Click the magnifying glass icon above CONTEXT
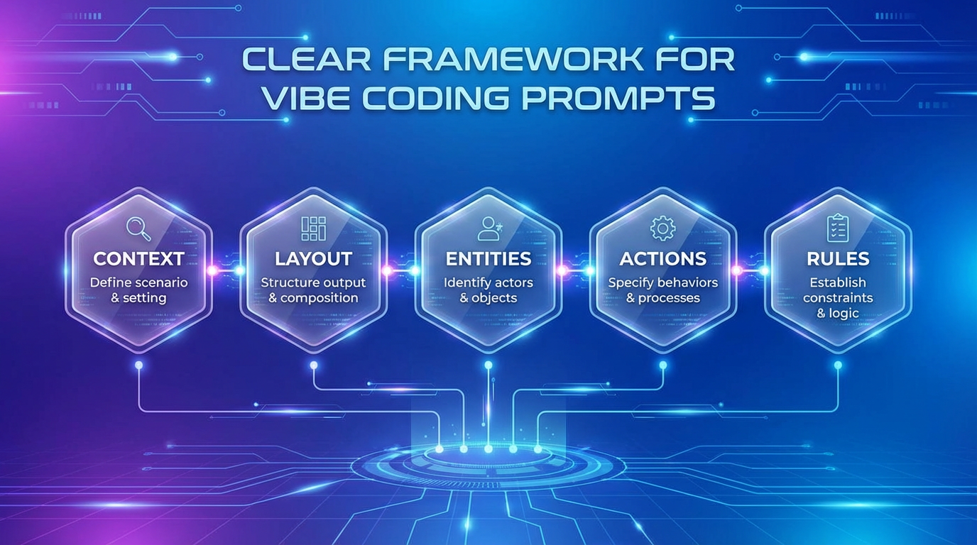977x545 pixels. point(138,229)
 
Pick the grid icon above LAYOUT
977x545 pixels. point(313,229)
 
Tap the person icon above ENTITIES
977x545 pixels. point(489,229)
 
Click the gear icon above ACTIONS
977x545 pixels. point(662,229)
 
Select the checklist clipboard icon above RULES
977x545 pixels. point(838,229)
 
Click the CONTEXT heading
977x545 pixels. point(138,259)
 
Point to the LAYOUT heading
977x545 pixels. point(313,259)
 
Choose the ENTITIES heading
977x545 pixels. point(488,259)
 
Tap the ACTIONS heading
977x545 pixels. point(662,259)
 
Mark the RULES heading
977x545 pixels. point(838,259)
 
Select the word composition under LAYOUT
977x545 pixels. point(322,298)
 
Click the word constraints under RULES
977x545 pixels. point(838,298)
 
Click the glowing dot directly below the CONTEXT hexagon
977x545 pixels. point(138,365)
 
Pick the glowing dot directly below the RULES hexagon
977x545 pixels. point(838,365)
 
